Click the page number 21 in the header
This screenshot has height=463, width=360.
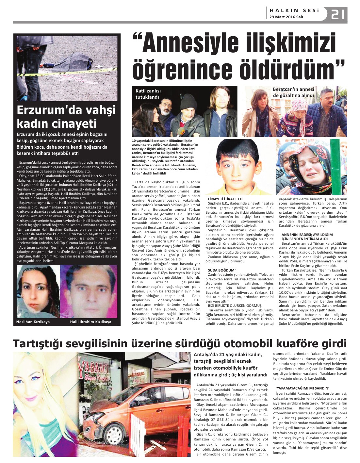point(338,15)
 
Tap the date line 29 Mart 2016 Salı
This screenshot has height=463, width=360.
point(286,17)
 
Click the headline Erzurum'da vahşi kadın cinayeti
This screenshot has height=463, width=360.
point(66,117)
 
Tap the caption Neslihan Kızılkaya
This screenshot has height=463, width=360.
point(33,322)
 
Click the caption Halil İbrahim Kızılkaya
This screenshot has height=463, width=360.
point(90,322)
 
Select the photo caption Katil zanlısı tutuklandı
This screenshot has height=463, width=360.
point(148,94)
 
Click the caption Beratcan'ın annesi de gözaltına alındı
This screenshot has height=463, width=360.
point(293,92)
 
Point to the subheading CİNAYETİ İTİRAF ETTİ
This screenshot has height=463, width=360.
point(225,199)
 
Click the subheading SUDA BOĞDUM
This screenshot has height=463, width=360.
point(222,270)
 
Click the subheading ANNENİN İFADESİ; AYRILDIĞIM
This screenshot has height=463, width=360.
point(307,235)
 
